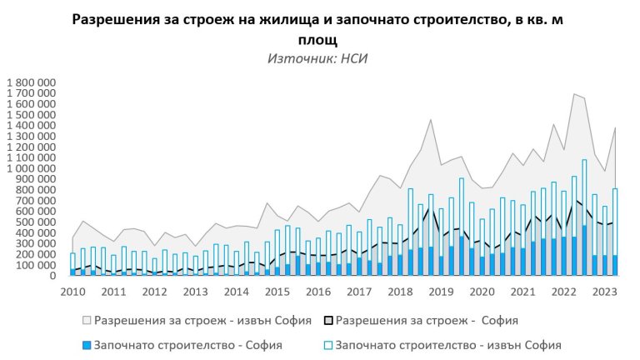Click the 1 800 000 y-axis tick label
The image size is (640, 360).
pyautogui.click(x=30, y=83)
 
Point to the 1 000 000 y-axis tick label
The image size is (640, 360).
pyautogui.click(x=30, y=168)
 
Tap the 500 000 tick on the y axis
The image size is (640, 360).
pyautogui.click(x=36, y=222)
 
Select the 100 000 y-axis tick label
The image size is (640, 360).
pyautogui.click(x=36, y=265)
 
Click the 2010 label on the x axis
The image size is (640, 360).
pyautogui.click(x=72, y=292)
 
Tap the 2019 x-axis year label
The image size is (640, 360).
pyautogui.click(x=440, y=292)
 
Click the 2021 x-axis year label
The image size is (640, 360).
pyautogui.click(x=522, y=292)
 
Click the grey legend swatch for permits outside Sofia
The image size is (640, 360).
pyautogui.click(x=87, y=320)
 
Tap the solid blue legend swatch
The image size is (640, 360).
pyautogui.click(x=87, y=344)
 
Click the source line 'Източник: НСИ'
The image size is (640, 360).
pyautogui.click(x=317, y=58)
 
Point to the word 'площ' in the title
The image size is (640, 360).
pyautogui.click(x=318, y=39)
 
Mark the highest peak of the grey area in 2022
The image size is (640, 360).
pyautogui.click(x=573, y=94)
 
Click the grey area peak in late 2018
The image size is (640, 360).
pyautogui.click(x=430, y=120)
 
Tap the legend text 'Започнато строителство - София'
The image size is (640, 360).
pyautogui.click(x=187, y=344)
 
